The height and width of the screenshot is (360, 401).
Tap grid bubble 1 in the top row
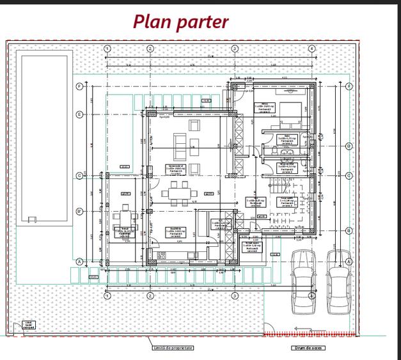(107, 49)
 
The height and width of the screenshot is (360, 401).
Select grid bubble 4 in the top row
(311, 49)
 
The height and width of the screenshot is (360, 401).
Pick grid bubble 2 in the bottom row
(150, 296)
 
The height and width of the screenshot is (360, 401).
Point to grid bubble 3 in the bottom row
(235, 296)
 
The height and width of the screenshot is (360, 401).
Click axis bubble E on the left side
(79, 115)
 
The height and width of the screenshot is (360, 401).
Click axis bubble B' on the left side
(79, 210)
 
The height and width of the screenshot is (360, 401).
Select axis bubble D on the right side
(349, 146)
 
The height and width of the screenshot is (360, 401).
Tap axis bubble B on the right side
(349, 230)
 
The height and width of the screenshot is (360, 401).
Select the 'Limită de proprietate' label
(172, 348)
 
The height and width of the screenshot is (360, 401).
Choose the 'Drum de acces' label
(308, 348)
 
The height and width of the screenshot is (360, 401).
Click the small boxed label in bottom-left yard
(28, 325)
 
